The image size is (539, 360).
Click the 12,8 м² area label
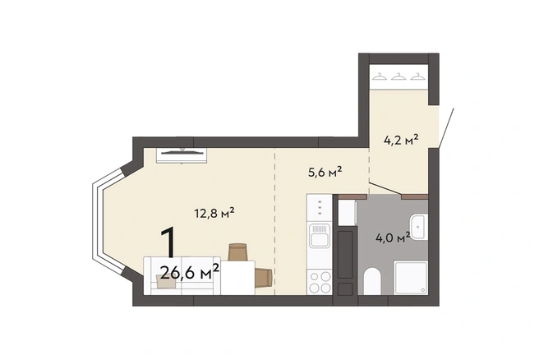(214, 213)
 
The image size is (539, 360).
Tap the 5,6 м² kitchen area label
(325, 172)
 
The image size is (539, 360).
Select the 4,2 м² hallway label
(401, 140)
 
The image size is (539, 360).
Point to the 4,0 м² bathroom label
(393, 238)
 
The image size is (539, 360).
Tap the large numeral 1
(168, 242)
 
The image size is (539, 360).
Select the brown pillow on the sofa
(166, 281)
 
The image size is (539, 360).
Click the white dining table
(237, 278)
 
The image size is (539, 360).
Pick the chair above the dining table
(238, 252)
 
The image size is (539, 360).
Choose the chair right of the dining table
(264, 278)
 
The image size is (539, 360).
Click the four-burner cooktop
(320, 282)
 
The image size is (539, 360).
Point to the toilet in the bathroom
(372, 281)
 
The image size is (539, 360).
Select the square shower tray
(411, 278)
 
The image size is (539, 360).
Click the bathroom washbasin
(419, 227)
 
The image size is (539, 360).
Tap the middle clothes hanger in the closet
(398, 76)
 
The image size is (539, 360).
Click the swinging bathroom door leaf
(385, 190)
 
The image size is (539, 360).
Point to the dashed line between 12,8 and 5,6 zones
(274, 221)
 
